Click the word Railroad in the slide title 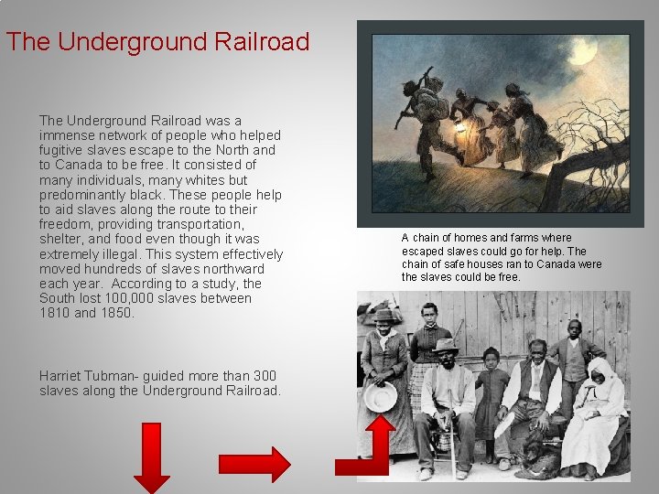point(259,42)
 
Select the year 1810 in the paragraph point(55,313)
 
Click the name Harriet point(62,376)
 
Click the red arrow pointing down point(152,456)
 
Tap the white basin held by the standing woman point(380,396)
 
